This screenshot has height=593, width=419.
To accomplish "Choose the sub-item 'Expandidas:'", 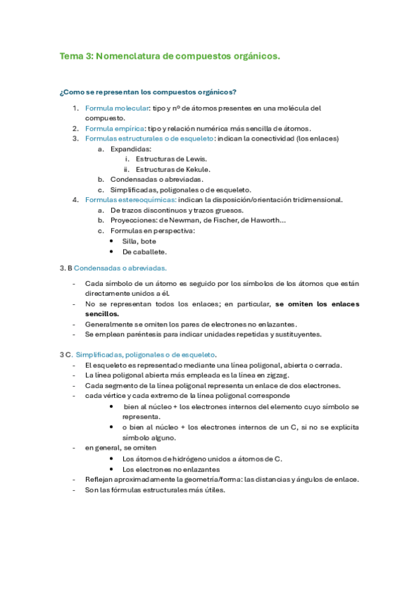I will [x=131, y=149].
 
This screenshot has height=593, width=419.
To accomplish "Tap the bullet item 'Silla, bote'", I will [x=139, y=241].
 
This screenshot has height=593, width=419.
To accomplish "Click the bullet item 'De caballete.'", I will [x=144, y=251].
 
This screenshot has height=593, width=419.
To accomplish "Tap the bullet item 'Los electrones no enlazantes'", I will [x=171, y=469].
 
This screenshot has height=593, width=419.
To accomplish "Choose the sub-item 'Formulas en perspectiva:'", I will [x=153, y=230].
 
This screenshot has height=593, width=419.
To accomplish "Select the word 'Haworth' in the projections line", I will [x=267, y=220].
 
